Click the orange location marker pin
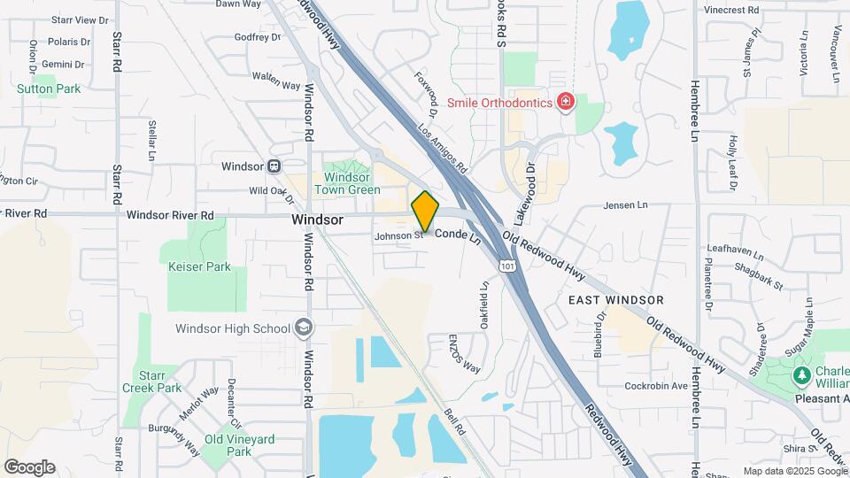[x=425, y=212]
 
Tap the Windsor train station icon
[x=274, y=166]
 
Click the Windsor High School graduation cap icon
[x=304, y=328]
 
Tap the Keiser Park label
[x=199, y=266]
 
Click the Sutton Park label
[x=49, y=89]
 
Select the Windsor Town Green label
[x=347, y=183]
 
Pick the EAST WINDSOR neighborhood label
[x=616, y=300]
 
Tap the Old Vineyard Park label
[x=239, y=445]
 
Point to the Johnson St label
[x=393, y=236]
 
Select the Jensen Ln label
[x=625, y=205]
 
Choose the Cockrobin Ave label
[x=656, y=386]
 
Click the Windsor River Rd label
[x=170, y=215]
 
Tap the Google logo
[x=29, y=466]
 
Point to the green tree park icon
[x=802, y=376]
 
